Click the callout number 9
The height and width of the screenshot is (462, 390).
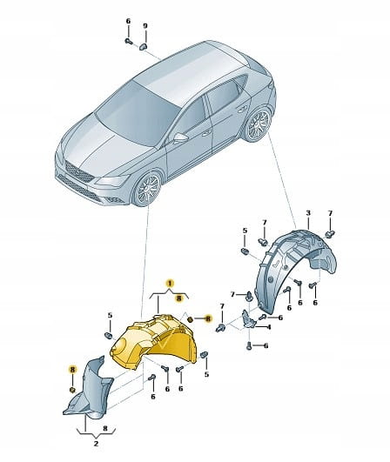[x=145, y=26]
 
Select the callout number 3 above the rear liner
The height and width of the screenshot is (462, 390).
[x=308, y=213]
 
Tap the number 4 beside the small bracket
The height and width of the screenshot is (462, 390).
[x=269, y=327]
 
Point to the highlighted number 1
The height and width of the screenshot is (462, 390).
[x=169, y=284]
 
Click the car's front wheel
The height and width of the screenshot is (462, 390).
[x=148, y=189]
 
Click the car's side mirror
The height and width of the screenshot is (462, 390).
[x=180, y=137]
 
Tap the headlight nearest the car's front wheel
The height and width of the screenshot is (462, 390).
[x=112, y=180]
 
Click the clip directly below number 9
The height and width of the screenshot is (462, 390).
[x=143, y=46]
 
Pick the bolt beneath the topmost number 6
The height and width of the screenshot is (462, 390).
[x=128, y=41]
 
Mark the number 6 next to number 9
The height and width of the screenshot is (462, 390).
[x=128, y=21]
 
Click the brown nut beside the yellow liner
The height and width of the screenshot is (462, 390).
[x=190, y=318]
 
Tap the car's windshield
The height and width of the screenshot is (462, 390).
[x=138, y=112]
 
